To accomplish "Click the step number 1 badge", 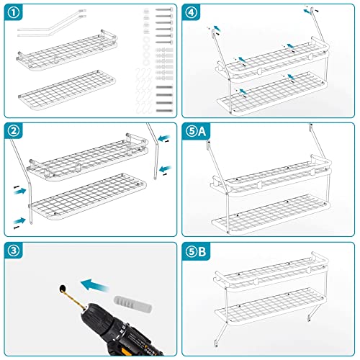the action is (14, 13).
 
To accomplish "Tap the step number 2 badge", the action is (14, 131).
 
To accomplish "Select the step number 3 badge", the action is (14, 251).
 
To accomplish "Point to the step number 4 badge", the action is (192, 13).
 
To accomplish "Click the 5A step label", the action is (196, 131).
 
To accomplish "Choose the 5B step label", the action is (196, 252).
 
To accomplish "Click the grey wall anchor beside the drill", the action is (132, 305).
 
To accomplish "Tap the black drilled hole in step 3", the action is (63, 288).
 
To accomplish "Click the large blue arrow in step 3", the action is (95, 285).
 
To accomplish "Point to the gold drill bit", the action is (75, 299).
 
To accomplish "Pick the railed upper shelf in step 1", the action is (67, 50).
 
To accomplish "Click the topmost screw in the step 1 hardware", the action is (164, 9).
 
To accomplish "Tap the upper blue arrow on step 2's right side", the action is (165, 138).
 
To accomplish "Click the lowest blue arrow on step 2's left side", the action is (19, 221).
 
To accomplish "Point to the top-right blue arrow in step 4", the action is (307, 12).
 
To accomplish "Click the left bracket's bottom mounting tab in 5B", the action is (216, 343).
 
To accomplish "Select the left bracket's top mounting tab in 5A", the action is (208, 145).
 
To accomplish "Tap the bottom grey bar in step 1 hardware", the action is (164, 111).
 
